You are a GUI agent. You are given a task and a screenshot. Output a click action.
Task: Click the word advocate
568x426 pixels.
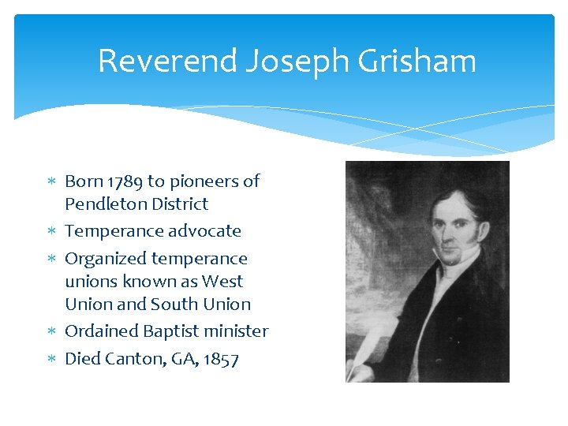click(x=205, y=231)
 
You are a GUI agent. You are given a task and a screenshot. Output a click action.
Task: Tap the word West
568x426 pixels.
click(x=222, y=282)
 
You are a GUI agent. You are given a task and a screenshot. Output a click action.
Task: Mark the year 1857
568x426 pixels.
click(x=220, y=359)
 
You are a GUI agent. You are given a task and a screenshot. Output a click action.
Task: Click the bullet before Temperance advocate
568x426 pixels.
click(x=52, y=232)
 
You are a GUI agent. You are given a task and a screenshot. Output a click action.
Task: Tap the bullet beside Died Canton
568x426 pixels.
click(x=52, y=360)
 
